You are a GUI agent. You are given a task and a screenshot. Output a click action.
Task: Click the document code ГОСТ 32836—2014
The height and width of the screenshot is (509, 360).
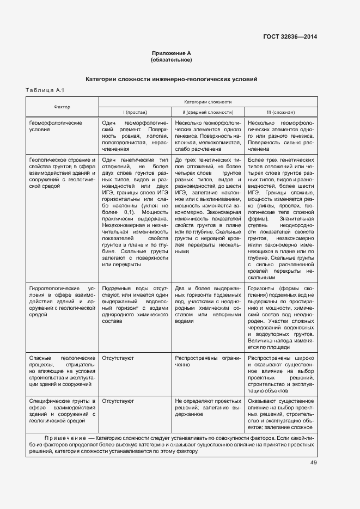(x=290, y=36)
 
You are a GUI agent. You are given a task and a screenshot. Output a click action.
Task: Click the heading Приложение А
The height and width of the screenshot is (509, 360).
(x=171, y=53)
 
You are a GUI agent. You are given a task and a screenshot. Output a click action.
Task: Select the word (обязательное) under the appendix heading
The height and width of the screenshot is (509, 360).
(x=171, y=60)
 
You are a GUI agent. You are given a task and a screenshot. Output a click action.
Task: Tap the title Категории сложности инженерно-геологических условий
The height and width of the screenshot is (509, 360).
(x=171, y=79)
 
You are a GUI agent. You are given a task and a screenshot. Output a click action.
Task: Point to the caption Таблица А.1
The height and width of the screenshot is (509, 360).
(x=45, y=90)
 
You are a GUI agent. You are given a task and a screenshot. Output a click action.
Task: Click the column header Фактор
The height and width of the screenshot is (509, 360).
(x=62, y=107)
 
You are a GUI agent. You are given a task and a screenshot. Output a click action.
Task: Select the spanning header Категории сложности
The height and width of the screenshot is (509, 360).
(x=208, y=102)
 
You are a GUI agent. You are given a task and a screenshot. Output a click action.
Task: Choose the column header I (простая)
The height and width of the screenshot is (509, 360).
(x=135, y=112)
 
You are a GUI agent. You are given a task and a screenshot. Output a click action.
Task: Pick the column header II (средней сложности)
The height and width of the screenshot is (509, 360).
(x=208, y=112)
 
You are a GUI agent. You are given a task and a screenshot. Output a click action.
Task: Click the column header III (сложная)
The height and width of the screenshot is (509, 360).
(x=280, y=112)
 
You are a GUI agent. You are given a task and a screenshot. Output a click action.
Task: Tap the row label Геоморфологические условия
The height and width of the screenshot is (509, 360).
(x=56, y=127)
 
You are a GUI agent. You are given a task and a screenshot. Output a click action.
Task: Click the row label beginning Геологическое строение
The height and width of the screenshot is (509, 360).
(x=62, y=173)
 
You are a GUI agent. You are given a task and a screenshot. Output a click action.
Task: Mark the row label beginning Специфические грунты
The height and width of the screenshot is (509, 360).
(x=62, y=410)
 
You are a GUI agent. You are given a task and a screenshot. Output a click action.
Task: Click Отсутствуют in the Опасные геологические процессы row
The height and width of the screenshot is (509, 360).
(x=118, y=358)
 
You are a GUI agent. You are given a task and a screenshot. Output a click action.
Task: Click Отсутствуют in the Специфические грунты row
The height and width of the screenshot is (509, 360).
(x=118, y=401)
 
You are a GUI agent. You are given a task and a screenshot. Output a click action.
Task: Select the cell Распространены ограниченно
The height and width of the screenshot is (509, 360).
(x=208, y=361)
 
